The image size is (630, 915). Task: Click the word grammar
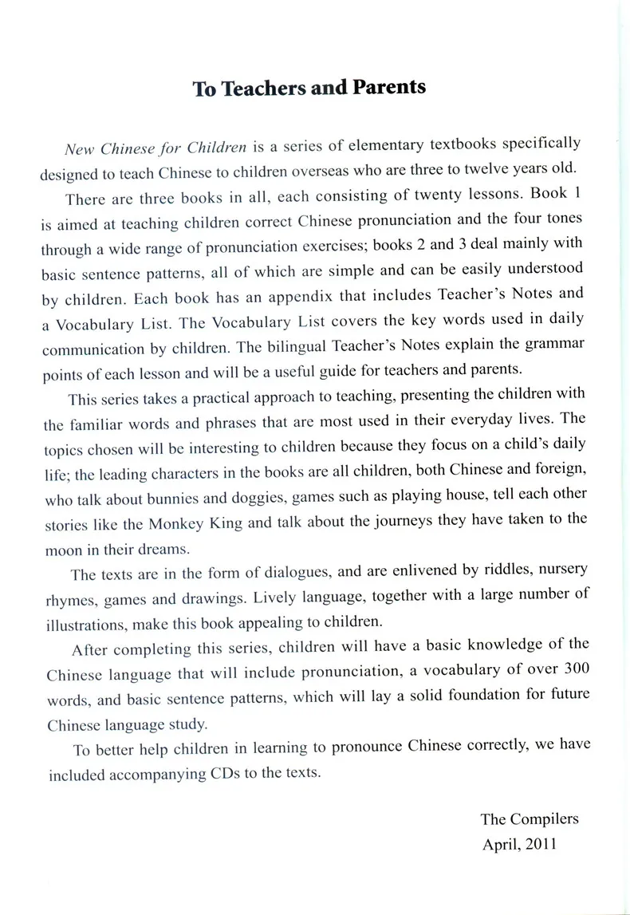coord(558,344)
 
